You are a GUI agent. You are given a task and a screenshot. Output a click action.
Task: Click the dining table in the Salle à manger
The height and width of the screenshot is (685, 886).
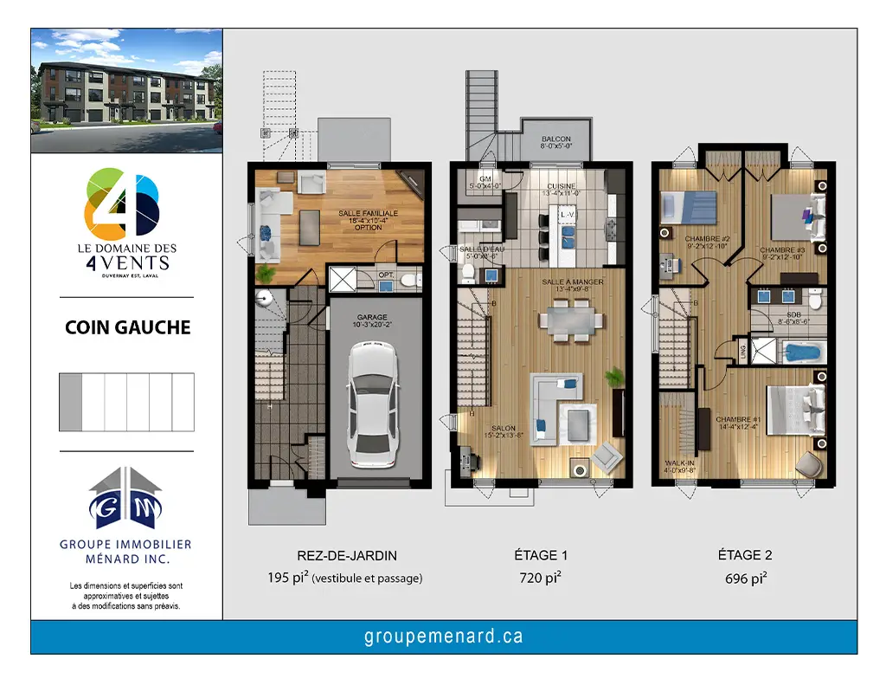(570, 320)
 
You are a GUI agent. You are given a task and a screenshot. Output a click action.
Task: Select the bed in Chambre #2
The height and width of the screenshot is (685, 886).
(689, 208)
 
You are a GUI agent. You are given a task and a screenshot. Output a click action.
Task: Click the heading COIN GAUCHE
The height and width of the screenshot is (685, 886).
(127, 328)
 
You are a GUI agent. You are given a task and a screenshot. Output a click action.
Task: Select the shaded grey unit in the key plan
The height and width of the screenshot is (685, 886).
(70, 402)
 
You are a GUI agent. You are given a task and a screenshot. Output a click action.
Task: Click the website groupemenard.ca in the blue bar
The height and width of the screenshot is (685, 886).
(443, 637)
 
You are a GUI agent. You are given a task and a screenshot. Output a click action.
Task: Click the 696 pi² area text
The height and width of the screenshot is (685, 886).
(745, 578)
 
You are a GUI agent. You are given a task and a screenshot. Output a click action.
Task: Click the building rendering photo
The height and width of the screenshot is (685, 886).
(127, 91)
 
